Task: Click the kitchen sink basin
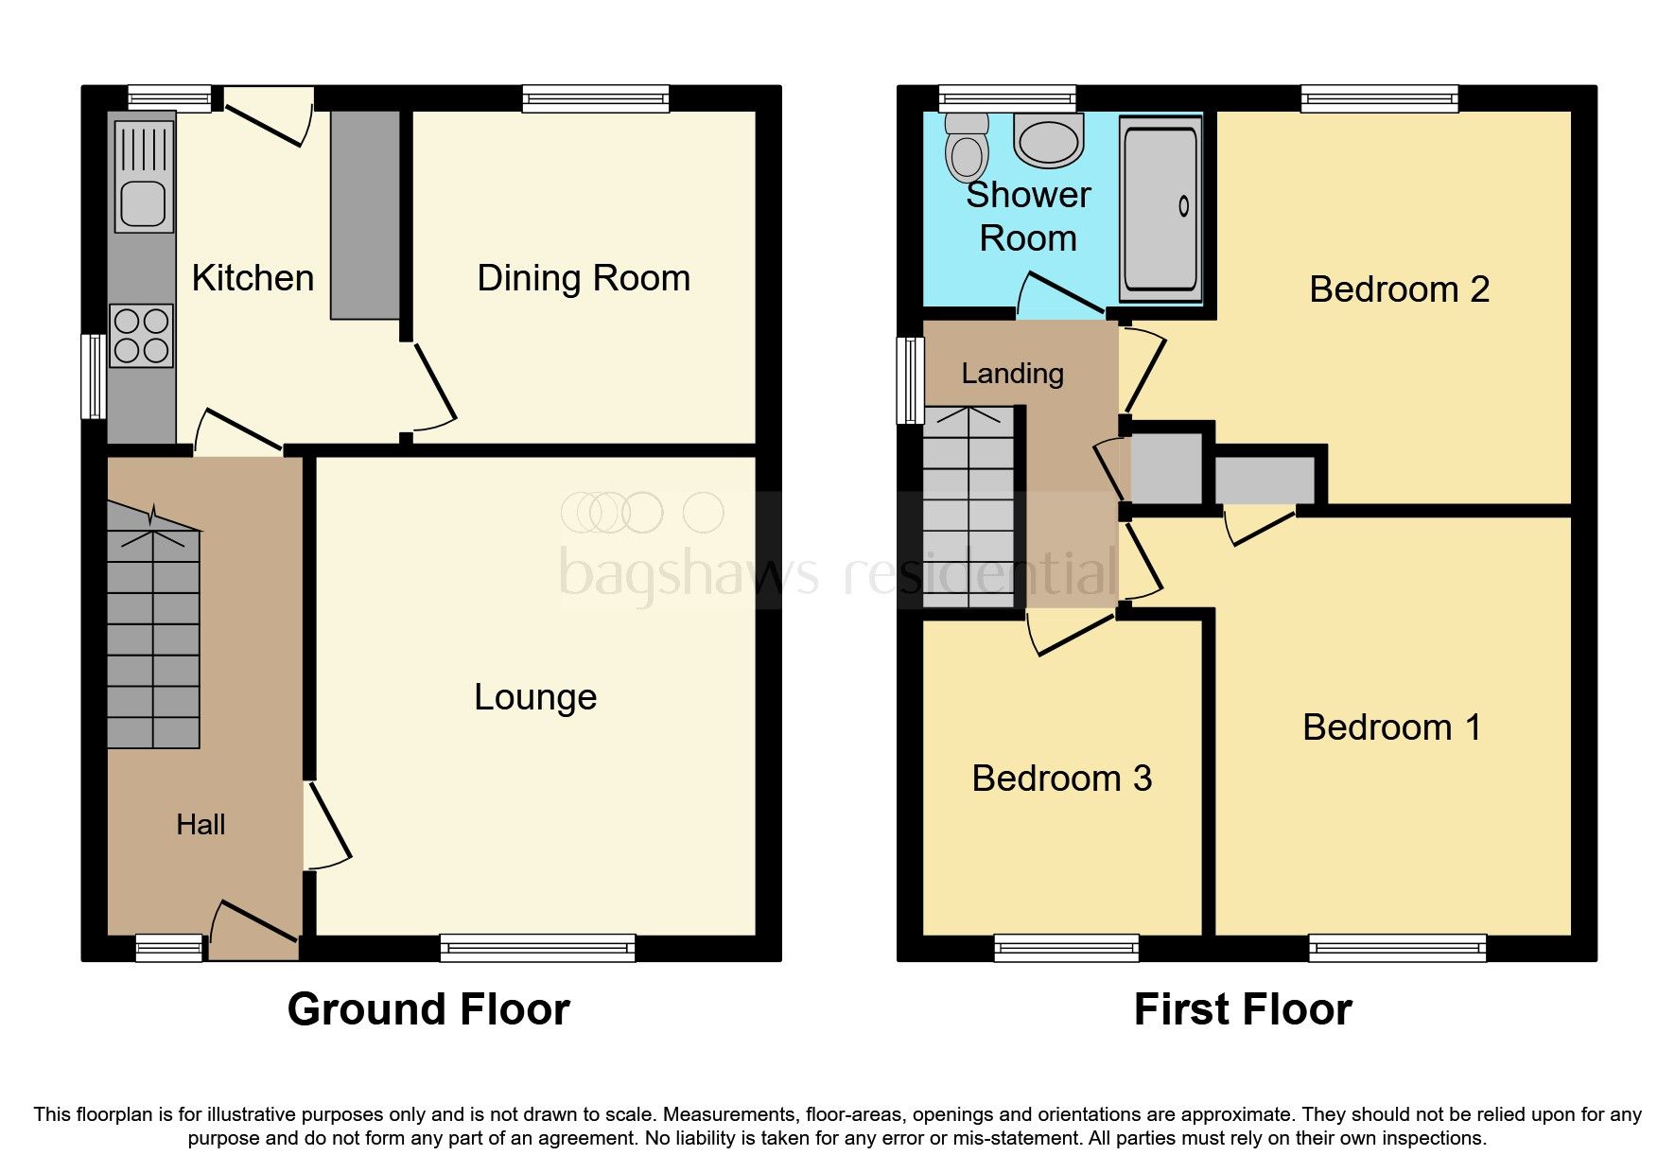[144, 203]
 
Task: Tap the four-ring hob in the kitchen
[142, 336]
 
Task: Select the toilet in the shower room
[967, 149]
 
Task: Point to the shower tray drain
[1183, 205]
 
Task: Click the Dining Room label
[584, 279]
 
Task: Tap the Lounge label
[535, 698]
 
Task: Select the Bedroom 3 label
[1061, 779]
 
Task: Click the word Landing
[1012, 375]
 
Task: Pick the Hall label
[201, 825]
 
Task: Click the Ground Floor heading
[428, 1009]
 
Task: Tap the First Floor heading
[1242, 1009]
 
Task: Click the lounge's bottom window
[537, 948]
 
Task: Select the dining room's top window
[596, 98]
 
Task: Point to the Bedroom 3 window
[1066, 948]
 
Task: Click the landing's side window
[910, 379]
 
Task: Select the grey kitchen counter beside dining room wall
[365, 215]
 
